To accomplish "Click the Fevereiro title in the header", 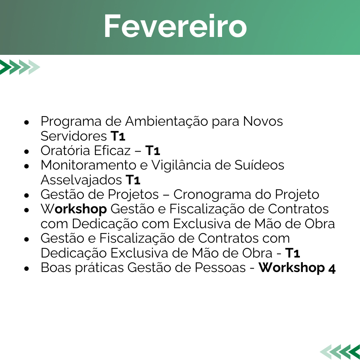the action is [175, 26].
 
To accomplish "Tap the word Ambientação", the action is [166, 122].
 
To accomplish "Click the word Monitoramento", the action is [88, 165].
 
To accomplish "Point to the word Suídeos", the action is [259, 165].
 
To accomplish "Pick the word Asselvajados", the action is [81, 180].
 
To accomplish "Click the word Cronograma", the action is [212, 195].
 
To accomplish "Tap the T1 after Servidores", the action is [118, 136].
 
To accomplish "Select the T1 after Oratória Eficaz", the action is [153, 150].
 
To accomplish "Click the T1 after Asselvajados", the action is [133, 180].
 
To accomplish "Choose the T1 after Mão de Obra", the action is [293, 253].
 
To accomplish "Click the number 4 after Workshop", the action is [332, 269].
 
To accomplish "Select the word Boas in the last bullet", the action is [56, 268].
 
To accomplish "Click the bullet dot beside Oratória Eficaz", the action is [27, 152].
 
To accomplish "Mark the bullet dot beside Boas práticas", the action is [27, 269].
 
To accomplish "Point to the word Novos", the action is [263, 121].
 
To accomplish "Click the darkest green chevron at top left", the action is [5, 67].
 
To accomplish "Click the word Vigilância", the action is [181, 165].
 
